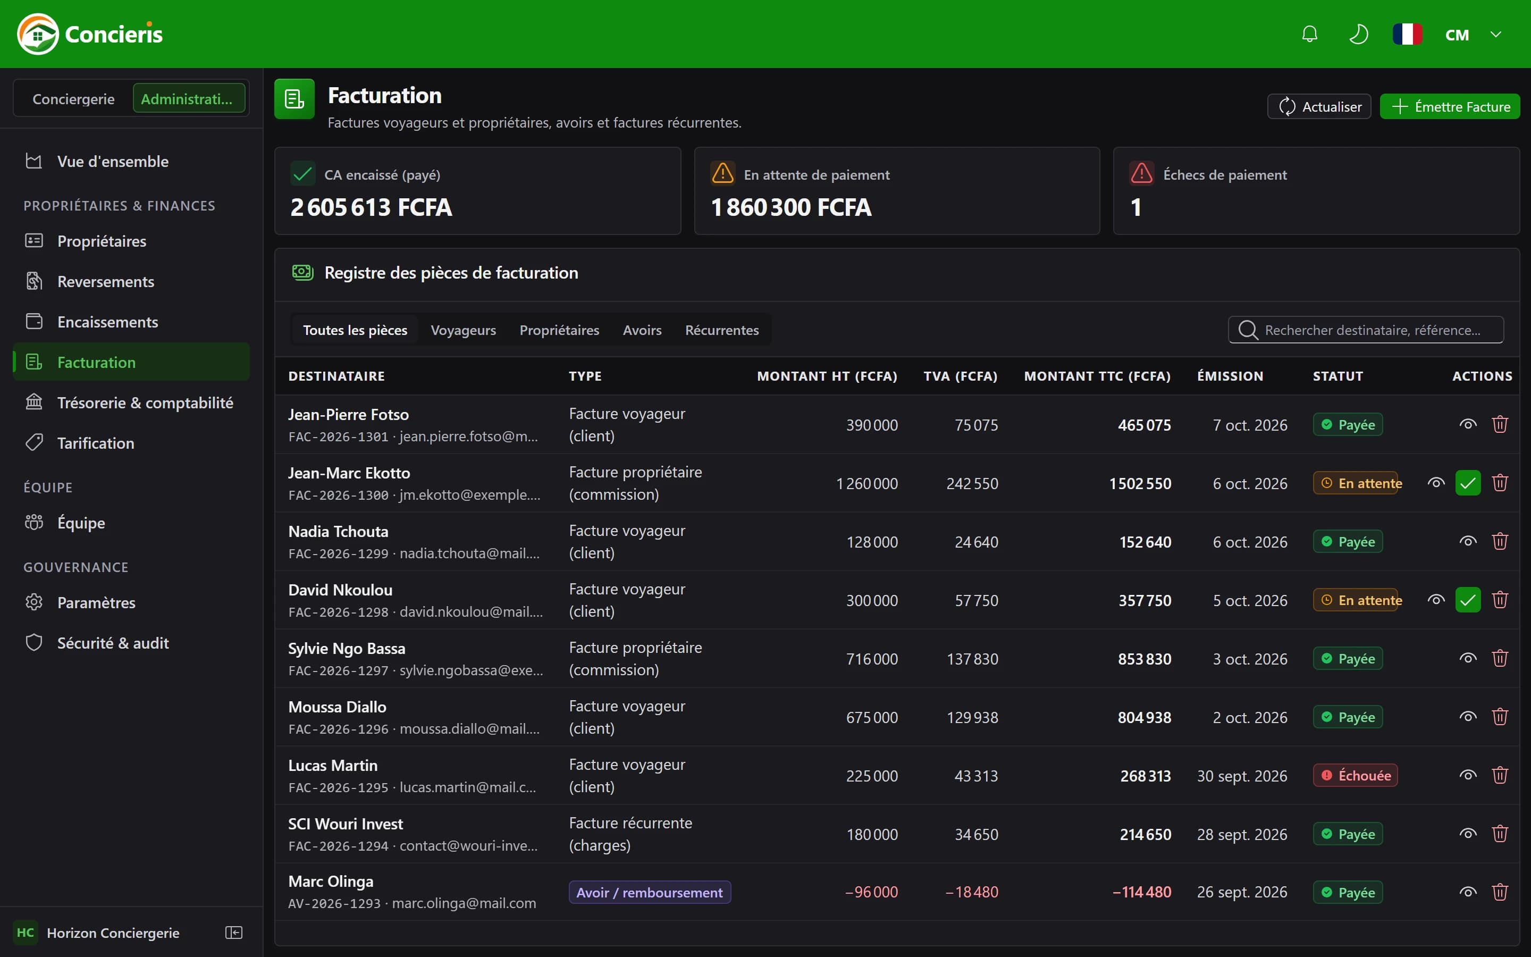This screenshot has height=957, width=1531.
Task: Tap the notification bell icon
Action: pyautogui.click(x=1309, y=34)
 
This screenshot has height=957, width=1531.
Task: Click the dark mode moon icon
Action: pyautogui.click(x=1358, y=34)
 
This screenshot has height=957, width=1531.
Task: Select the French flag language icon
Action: pyautogui.click(x=1407, y=34)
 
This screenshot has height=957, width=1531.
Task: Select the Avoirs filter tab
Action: pyautogui.click(x=642, y=330)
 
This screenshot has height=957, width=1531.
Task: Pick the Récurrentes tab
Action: pyautogui.click(x=722, y=330)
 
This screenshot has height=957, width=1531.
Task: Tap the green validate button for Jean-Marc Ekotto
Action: pyautogui.click(x=1468, y=484)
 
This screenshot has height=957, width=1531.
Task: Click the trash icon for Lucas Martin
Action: pyautogui.click(x=1500, y=775)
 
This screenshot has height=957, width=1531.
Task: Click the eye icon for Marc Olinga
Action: pyautogui.click(x=1468, y=893)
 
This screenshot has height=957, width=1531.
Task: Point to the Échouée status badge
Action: pyautogui.click(x=1355, y=775)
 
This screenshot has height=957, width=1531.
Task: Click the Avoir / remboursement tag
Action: pyautogui.click(x=650, y=893)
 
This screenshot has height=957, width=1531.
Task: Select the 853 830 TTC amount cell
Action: pyautogui.click(x=1145, y=659)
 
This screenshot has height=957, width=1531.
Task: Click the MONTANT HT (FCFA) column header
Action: pyautogui.click(x=827, y=376)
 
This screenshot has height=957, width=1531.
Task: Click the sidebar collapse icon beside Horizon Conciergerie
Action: pyautogui.click(x=234, y=933)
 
